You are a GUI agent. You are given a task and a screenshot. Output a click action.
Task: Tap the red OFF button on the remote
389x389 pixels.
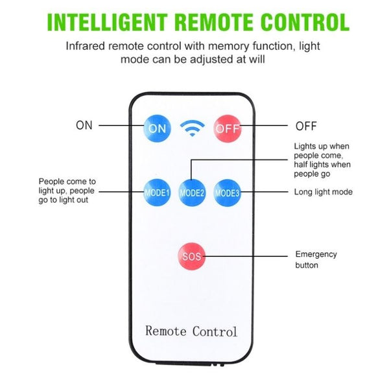click(228, 128)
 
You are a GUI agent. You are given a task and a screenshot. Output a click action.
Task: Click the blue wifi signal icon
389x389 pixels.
click(192, 128)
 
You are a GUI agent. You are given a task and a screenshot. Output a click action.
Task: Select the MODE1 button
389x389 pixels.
click(157, 192)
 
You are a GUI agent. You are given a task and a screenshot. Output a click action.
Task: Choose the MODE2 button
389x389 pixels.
click(193, 193)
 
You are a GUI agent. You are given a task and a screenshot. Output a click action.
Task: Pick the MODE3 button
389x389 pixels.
click(228, 192)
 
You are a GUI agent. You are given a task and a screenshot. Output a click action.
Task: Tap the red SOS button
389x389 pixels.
click(192, 257)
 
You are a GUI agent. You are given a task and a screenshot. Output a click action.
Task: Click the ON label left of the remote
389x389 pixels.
click(84, 126)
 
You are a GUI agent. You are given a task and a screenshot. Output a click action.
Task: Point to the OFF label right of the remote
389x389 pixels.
click(306, 126)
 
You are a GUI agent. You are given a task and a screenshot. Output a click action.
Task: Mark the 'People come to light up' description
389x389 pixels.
click(67, 191)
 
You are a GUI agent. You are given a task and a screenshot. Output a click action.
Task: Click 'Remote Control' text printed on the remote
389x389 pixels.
click(191, 331)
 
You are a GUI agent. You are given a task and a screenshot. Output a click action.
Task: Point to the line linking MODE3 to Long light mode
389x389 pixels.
click(265, 192)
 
